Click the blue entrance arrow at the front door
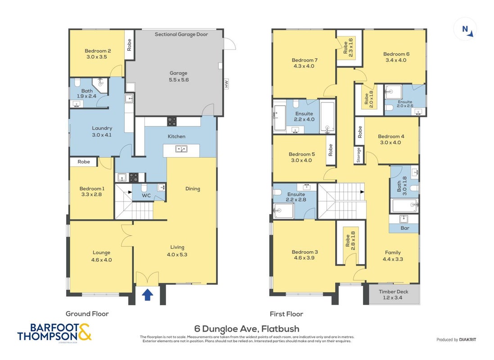click(x=147, y=295)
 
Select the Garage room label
click(x=178, y=73)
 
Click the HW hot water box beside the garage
click(x=226, y=84)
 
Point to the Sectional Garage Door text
click(x=181, y=34)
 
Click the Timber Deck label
click(x=394, y=292)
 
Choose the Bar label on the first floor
click(x=405, y=228)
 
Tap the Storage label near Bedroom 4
click(x=358, y=155)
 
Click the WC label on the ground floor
click(x=146, y=196)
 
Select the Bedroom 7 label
click(x=304, y=60)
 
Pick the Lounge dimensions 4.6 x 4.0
click(x=101, y=260)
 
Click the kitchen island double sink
click(x=181, y=148)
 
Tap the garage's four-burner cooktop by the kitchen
click(x=172, y=121)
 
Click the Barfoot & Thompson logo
click(x=54, y=332)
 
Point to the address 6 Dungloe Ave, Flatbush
click(x=247, y=329)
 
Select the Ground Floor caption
click(x=87, y=314)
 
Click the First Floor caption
click(x=286, y=314)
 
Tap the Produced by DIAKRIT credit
click(x=456, y=340)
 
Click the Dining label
click(x=192, y=189)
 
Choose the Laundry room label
click(x=102, y=128)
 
